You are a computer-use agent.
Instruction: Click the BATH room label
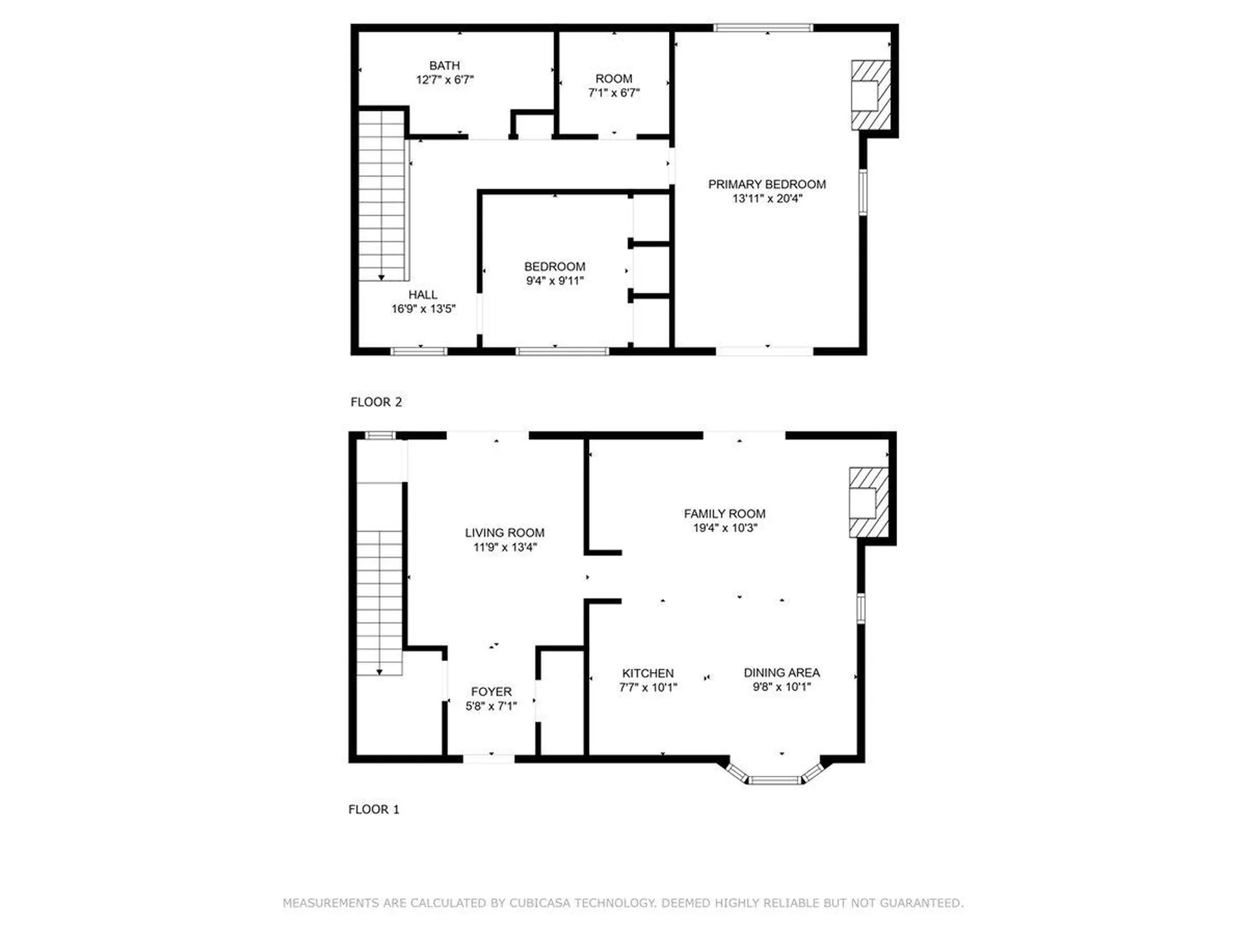tap(444, 66)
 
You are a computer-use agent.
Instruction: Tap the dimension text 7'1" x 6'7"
tap(614, 93)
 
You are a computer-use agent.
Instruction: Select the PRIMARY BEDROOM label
tap(766, 184)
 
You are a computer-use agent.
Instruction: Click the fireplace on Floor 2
tap(870, 95)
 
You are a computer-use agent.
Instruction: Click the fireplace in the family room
tap(868, 503)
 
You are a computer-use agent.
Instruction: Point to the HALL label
tap(423, 295)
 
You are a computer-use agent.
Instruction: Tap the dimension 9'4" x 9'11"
tap(555, 281)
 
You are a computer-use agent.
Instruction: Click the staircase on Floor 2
tap(382, 195)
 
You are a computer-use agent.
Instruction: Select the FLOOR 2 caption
tap(376, 402)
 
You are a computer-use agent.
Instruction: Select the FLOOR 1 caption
tap(374, 809)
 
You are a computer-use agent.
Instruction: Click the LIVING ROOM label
tap(505, 533)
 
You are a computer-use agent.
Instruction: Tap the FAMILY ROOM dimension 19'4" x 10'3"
tap(725, 528)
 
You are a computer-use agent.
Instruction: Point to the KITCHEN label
tap(648, 673)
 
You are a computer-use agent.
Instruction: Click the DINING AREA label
tap(781, 673)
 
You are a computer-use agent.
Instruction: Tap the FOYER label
tap(491, 692)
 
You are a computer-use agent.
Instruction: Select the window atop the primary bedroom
tap(763, 27)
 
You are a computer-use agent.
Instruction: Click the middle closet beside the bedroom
tap(651, 270)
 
